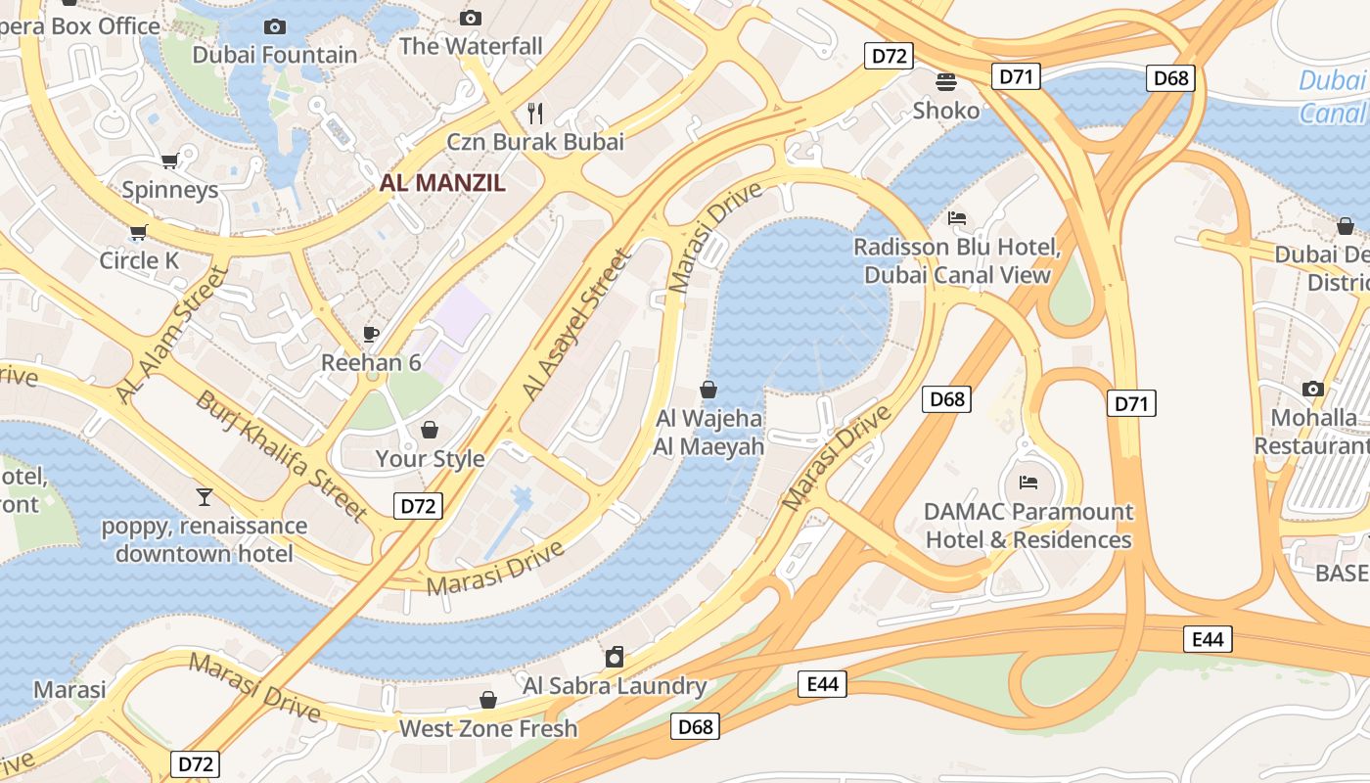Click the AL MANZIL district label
click(442, 182)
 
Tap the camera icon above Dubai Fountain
click(275, 26)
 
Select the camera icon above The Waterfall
click(471, 18)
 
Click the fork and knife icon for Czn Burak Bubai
click(534, 113)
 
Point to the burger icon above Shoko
click(945, 81)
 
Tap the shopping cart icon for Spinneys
click(170, 161)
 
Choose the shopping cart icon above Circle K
click(138, 232)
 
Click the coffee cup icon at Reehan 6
click(371, 334)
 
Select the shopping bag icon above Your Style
click(430, 430)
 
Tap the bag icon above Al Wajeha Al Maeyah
click(708, 390)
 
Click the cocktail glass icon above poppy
click(204, 496)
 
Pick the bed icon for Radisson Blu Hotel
click(957, 217)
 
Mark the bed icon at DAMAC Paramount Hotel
click(1027, 482)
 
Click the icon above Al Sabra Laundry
click(615, 656)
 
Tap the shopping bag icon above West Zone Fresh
click(487, 700)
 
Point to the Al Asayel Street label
click(577, 325)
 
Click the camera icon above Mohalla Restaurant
click(1313, 390)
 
